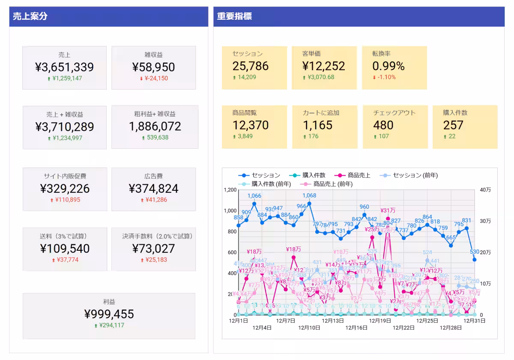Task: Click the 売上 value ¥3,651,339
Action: coord(64,67)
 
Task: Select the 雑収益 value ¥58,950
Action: coord(153,67)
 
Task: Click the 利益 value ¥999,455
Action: coord(109,314)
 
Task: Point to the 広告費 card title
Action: coord(153,176)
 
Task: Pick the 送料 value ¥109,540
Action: coord(65,249)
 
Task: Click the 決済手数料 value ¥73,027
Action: coord(153,249)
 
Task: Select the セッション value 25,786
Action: coord(251,66)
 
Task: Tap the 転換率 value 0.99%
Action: coord(388,66)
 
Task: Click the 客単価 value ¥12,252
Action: coord(323,66)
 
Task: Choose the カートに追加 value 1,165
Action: coord(317,125)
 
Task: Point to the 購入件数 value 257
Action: coord(453,125)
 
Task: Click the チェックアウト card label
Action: coord(394,113)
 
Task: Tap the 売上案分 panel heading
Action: coord(30,17)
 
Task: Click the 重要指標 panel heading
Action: coord(234,17)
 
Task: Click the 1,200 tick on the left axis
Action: coord(230,190)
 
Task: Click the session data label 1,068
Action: coord(309,196)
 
